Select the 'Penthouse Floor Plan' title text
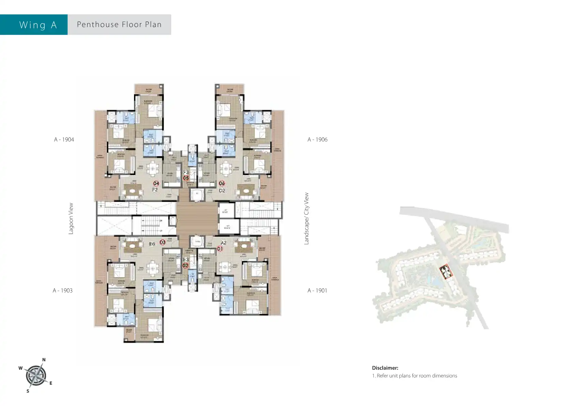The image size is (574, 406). (119, 25)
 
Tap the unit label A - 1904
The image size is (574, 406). (64, 140)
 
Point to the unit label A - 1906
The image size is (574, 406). (317, 140)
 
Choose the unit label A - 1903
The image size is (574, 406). (63, 291)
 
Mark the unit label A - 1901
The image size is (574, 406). (317, 291)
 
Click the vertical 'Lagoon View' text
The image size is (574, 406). (71, 219)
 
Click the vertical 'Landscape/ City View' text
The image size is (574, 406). (306, 219)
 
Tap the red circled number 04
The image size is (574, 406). (156, 184)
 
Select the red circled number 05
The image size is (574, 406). (186, 178)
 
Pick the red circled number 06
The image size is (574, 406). (222, 184)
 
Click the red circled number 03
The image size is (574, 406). (162, 242)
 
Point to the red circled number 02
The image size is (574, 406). (186, 265)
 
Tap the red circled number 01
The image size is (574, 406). (220, 249)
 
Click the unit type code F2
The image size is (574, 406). (155, 190)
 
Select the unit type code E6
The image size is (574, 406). (152, 244)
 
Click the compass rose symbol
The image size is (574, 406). (35, 376)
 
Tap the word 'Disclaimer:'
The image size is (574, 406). (385, 368)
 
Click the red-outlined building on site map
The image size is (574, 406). (445, 272)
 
